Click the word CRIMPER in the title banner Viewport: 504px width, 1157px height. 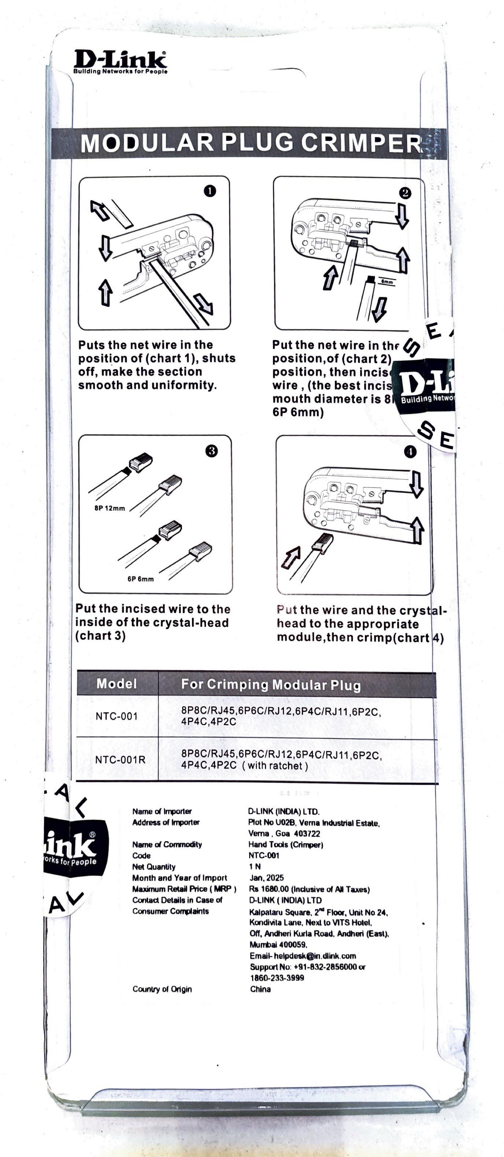[x=361, y=143]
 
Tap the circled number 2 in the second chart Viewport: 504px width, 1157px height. [x=405, y=193]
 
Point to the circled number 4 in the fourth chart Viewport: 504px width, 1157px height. [x=410, y=452]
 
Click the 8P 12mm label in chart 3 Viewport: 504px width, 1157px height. [x=110, y=508]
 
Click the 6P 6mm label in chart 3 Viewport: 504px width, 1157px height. [x=140, y=579]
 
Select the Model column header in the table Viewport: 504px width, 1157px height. [x=116, y=684]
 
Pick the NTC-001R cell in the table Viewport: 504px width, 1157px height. [x=120, y=760]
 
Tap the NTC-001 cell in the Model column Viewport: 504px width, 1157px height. [x=116, y=716]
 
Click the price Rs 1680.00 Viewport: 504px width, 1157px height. [x=270, y=889]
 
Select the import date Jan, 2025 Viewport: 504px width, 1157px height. [x=266, y=878]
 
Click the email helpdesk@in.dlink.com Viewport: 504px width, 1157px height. [x=303, y=956]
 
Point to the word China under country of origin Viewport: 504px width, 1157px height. [x=260, y=989]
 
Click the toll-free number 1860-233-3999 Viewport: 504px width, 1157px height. [x=277, y=978]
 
